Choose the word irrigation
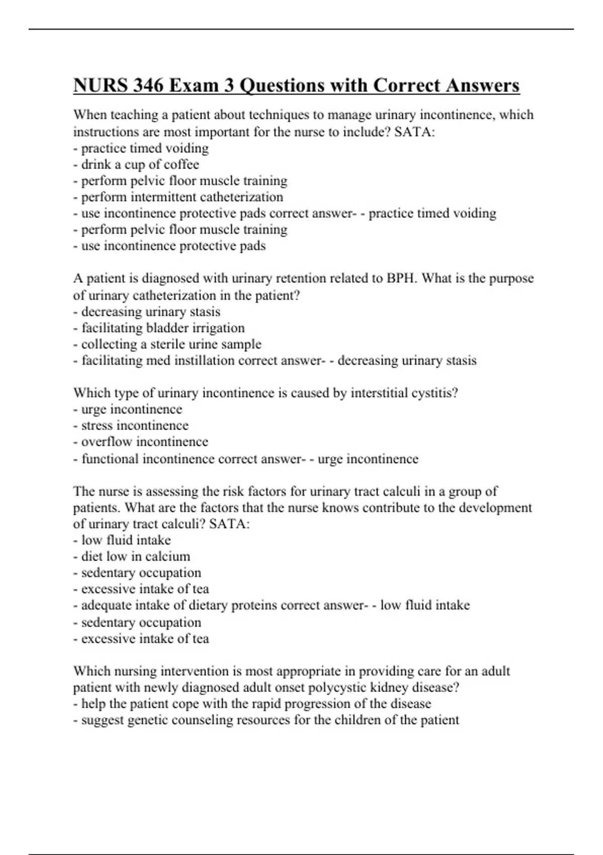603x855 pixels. (219, 328)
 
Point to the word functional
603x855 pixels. (110, 459)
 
